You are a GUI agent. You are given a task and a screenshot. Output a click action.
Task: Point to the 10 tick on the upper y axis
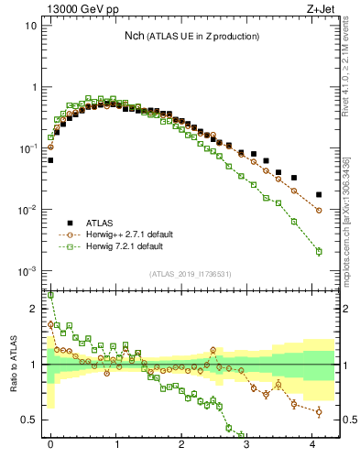coord(30,26)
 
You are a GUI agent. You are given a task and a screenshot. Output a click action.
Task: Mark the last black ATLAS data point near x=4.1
coord(319,194)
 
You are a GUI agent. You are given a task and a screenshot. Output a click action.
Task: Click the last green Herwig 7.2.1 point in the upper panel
coord(319,251)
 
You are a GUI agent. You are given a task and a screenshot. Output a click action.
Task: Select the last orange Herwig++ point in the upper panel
coord(319,211)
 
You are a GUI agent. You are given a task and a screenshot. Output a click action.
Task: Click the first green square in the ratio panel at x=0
coord(50,296)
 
